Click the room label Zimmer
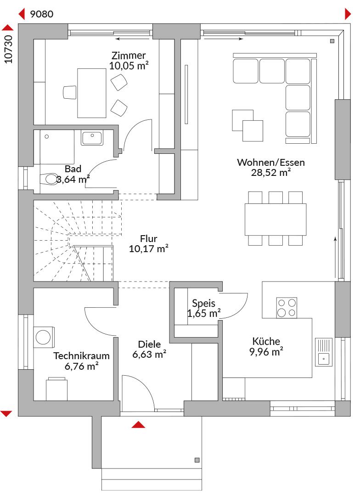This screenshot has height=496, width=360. click(x=129, y=56)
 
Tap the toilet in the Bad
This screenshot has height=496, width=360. click(x=49, y=179)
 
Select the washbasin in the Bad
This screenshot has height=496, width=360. click(x=92, y=138)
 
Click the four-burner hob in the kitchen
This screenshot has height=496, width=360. click(x=287, y=307)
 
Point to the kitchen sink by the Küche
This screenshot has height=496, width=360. click(x=324, y=352)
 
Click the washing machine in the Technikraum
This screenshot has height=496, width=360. click(x=44, y=337)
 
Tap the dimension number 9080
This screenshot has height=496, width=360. click(x=41, y=14)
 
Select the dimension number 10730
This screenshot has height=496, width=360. click(x=9, y=49)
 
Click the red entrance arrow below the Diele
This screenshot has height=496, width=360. click(x=138, y=424)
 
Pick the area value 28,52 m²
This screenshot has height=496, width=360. click(x=271, y=172)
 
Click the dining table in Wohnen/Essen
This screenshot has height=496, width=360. click(x=275, y=219)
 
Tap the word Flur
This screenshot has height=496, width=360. click(x=149, y=238)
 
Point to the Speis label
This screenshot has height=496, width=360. click(x=203, y=303)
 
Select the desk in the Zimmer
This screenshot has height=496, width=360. click(x=92, y=93)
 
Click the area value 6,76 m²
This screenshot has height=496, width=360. click(x=82, y=366)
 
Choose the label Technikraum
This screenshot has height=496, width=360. click(x=82, y=356)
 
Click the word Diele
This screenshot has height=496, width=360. click(x=149, y=344)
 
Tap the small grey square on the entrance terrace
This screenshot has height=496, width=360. click(x=197, y=460)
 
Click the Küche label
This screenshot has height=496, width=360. click(x=266, y=341)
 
